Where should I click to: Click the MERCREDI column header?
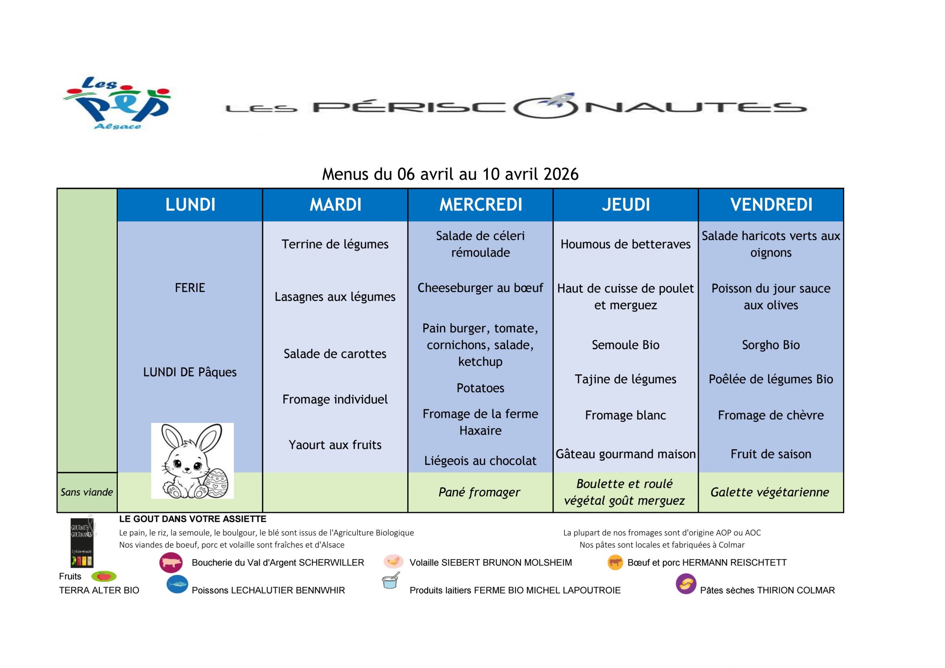tap(480, 204)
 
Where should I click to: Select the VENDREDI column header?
tap(771, 204)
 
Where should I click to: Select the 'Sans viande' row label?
tap(87, 492)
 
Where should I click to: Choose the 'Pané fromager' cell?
tap(480, 492)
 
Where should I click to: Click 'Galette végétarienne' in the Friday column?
tap(770, 492)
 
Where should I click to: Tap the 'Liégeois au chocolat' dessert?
tap(480, 461)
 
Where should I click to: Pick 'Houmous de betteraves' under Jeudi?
tap(625, 244)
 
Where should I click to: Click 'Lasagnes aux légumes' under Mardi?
tap(335, 296)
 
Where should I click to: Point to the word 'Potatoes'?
tap(480, 388)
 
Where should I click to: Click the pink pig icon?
tap(171, 563)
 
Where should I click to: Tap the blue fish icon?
tap(178, 585)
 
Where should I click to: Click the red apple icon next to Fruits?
tap(104, 576)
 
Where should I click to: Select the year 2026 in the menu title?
tap(561, 174)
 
